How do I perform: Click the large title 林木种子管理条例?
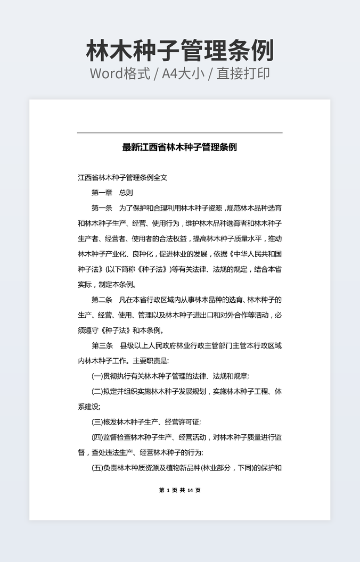(179, 51)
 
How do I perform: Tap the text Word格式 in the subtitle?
(119, 73)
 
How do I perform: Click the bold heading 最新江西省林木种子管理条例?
(179, 147)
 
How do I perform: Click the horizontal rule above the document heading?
(179, 133)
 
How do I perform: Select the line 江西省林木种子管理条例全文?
(122, 178)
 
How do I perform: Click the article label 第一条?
(102, 208)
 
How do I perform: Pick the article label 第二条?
(102, 300)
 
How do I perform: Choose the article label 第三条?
(102, 346)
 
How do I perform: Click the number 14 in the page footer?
(190, 490)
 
